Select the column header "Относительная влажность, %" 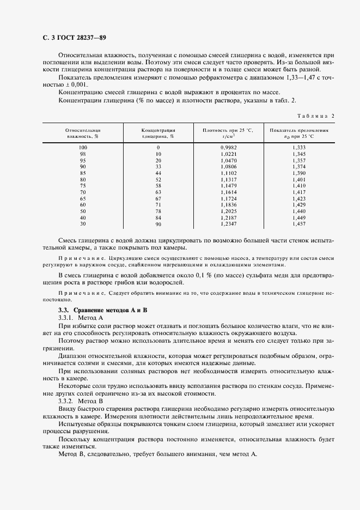(x=83, y=133)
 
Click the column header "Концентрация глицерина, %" (x=158, y=133)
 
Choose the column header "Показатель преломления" (x=300, y=133)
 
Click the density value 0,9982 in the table (x=229, y=148)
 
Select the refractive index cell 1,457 (x=299, y=224)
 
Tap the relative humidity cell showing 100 (x=83, y=148)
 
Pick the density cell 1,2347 (x=229, y=224)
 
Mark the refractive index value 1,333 (x=299, y=148)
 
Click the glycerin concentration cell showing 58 (x=158, y=186)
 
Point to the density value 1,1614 (x=229, y=192)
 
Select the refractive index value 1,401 (x=299, y=179)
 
